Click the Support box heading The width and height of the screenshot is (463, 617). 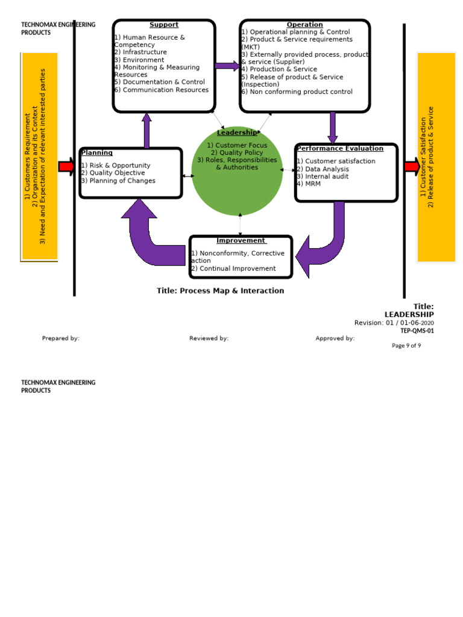[164, 25]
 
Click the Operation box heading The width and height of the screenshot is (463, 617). [304, 25]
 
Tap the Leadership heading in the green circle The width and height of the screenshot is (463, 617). [236, 133]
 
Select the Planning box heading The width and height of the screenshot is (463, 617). [96, 153]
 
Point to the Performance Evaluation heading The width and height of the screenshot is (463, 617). [339, 148]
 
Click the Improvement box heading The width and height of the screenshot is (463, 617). [241, 240]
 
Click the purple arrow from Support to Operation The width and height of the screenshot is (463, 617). [227, 66]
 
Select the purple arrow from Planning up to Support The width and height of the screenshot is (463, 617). [146, 130]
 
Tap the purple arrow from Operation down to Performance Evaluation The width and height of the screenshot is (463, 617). [332, 127]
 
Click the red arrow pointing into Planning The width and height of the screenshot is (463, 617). [66, 166]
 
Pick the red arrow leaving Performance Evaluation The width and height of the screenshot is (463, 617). [412, 166]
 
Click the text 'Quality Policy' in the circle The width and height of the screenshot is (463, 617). [237, 153]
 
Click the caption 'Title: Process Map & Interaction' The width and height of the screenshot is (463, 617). [220, 290]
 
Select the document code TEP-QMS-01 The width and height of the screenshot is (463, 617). [417, 331]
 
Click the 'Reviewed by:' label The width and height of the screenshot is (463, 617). [209, 339]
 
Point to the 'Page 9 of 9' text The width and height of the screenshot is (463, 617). [406, 346]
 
